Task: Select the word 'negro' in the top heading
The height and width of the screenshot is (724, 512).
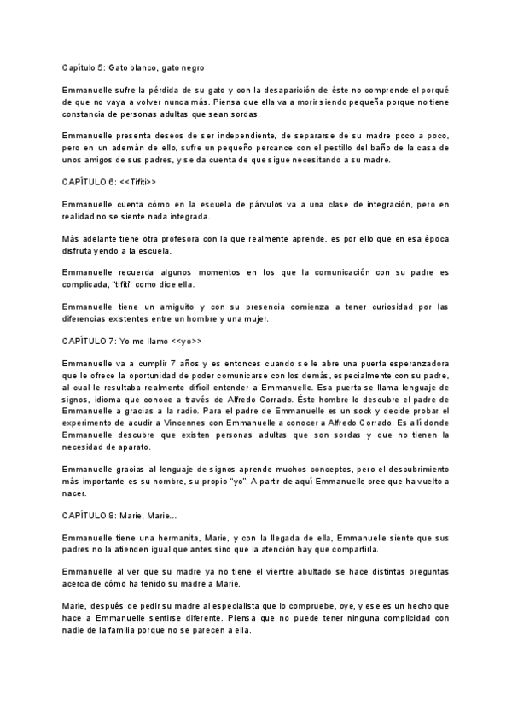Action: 188,67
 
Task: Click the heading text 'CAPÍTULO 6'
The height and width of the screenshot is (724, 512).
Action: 90,182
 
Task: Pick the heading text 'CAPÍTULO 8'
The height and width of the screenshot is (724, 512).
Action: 90,515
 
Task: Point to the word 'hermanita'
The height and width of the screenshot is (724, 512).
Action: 171,538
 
